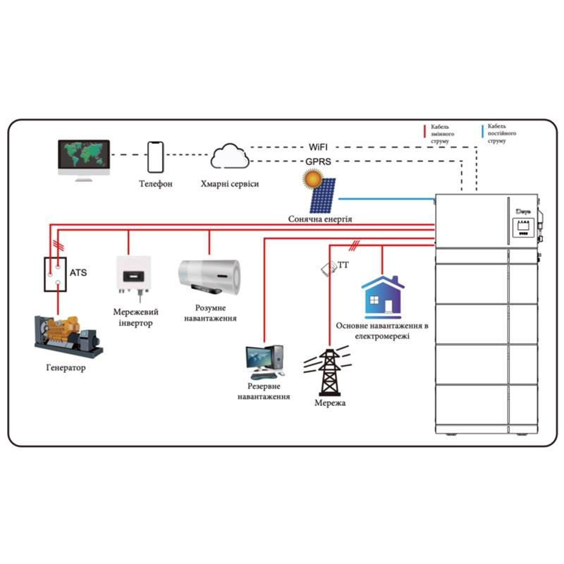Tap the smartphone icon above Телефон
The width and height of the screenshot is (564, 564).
tap(155, 156)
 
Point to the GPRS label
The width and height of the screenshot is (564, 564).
tap(319, 161)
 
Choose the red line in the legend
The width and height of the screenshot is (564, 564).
tap(424, 131)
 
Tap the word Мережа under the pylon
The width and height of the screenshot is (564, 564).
tap(330, 403)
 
